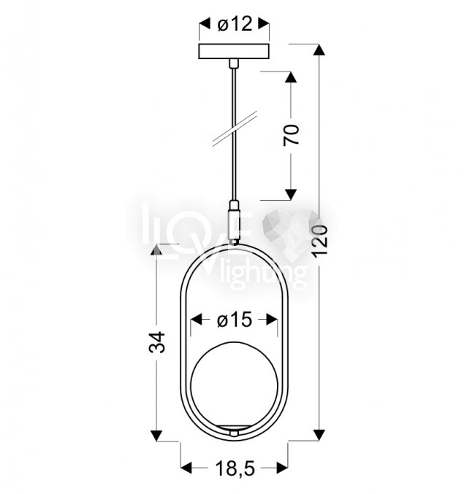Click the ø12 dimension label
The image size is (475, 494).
[x=235, y=24]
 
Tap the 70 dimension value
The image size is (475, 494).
[x=291, y=135]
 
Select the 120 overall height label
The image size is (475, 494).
[x=320, y=241]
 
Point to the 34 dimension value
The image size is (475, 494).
[x=157, y=341]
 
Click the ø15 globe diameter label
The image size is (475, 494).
[x=235, y=320]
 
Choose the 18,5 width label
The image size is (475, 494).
[x=235, y=468]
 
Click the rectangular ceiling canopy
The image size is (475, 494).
[x=234, y=51]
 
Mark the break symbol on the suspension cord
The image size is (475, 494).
[x=235, y=128]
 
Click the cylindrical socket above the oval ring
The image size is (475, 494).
[x=234, y=221]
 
